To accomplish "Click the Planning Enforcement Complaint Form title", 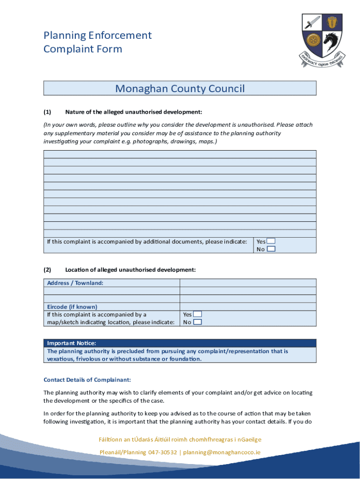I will tap(97, 42).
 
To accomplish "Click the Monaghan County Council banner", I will tap(180, 88).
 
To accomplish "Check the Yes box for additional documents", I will tap(271, 241).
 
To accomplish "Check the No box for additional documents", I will tap(271, 249).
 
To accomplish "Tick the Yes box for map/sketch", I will tap(198, 314).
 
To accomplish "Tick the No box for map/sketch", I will tap(198, 322).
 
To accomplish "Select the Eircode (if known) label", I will tap(72, 307).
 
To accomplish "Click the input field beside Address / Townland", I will tap(248, 283).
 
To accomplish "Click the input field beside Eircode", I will tap(248, 307).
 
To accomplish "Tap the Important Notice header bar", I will tap(180, 343).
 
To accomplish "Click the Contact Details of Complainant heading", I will tap(87, 379).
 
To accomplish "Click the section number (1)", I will tap(47, 112).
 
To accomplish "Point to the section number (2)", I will tap(47, 270).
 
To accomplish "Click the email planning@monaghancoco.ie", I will tap(222, 452).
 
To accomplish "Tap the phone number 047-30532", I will tap(162, 452).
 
